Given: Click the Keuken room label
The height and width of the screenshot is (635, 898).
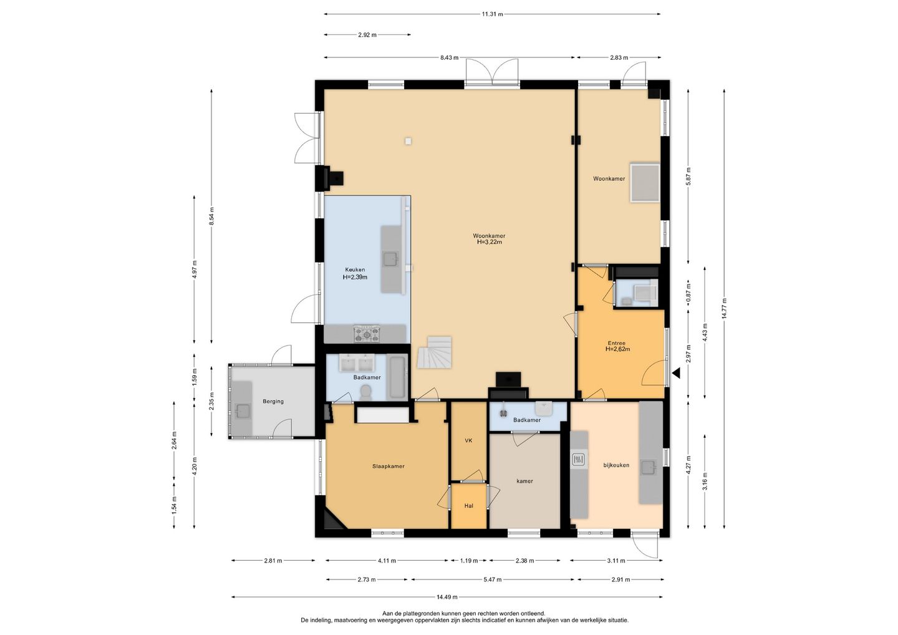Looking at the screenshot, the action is point(355,270).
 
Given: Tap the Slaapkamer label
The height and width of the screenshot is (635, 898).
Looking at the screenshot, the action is point(388,466).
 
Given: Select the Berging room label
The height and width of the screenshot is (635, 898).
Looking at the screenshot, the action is point(273,401).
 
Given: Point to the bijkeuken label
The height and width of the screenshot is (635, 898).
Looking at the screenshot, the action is point(616,465).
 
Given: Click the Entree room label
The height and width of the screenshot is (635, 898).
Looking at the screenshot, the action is point(617,343).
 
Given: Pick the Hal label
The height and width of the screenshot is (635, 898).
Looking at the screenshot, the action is point(469,506).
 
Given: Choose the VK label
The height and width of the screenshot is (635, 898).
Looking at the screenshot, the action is point(468,440).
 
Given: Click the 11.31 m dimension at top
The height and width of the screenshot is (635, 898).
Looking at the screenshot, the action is point(492,14).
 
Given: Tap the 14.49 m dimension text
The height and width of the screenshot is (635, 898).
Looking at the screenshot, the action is point(447,608).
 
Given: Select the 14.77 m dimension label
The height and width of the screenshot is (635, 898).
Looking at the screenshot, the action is point(724,309).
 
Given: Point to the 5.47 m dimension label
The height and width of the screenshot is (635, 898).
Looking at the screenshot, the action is point(492,579).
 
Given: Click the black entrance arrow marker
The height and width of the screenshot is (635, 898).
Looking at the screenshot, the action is point(677,374).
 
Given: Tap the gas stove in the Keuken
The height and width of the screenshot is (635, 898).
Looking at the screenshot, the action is point(367,334).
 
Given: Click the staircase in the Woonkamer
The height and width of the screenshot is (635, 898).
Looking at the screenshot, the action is point(435,352).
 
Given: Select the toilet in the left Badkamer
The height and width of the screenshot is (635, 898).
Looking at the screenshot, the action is point(366,392).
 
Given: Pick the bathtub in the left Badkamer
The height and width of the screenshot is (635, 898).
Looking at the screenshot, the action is point(398,377).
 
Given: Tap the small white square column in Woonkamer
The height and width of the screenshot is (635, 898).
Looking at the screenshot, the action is point(408,141).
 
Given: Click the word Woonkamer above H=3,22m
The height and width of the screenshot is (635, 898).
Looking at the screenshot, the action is point(489,236).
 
